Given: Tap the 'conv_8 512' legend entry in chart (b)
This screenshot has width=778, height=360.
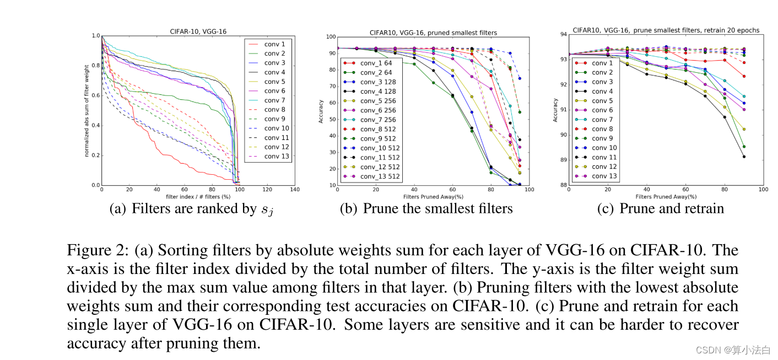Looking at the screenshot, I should (x=378, y=129).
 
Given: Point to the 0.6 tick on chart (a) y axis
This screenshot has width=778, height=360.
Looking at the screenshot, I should (x=96, y=95).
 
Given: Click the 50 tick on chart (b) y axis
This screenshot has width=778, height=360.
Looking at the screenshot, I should (x=332, y=119).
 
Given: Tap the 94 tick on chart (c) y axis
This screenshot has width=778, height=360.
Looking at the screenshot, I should (x=563, y=34).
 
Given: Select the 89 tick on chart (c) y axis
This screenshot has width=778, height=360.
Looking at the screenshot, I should (x=563, y=160).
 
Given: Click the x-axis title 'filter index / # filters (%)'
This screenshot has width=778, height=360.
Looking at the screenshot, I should (x=198, y=196).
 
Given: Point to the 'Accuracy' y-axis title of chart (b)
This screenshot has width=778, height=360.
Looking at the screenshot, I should (x=320, y=111).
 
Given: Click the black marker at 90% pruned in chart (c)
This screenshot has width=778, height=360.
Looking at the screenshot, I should (x=744, y=157).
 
